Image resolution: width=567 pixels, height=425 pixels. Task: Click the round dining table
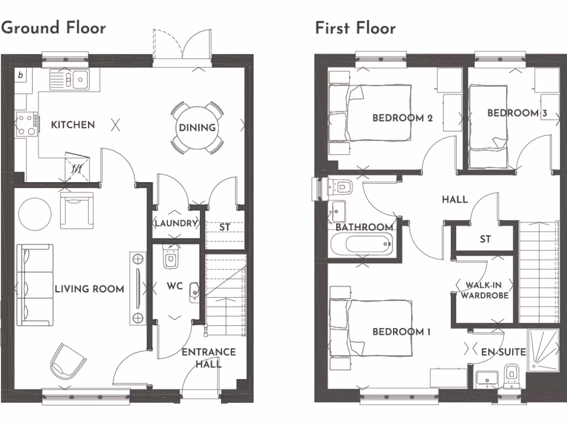click(197, 128)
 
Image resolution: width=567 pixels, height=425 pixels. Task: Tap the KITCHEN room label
click(73, 125)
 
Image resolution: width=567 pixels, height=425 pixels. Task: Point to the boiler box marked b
click(20, 75)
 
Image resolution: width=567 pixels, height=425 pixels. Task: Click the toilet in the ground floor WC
click(172, 258)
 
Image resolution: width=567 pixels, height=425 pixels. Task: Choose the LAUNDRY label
click(176, 224)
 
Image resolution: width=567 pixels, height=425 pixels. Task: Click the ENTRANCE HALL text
click(209, 357)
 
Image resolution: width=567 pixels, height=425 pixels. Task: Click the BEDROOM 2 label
click(402, 118)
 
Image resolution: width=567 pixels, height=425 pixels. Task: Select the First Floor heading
click(355, 28)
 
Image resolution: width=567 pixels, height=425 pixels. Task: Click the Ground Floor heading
click(53, 27)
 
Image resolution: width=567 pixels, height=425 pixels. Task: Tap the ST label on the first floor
click(485, 239)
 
